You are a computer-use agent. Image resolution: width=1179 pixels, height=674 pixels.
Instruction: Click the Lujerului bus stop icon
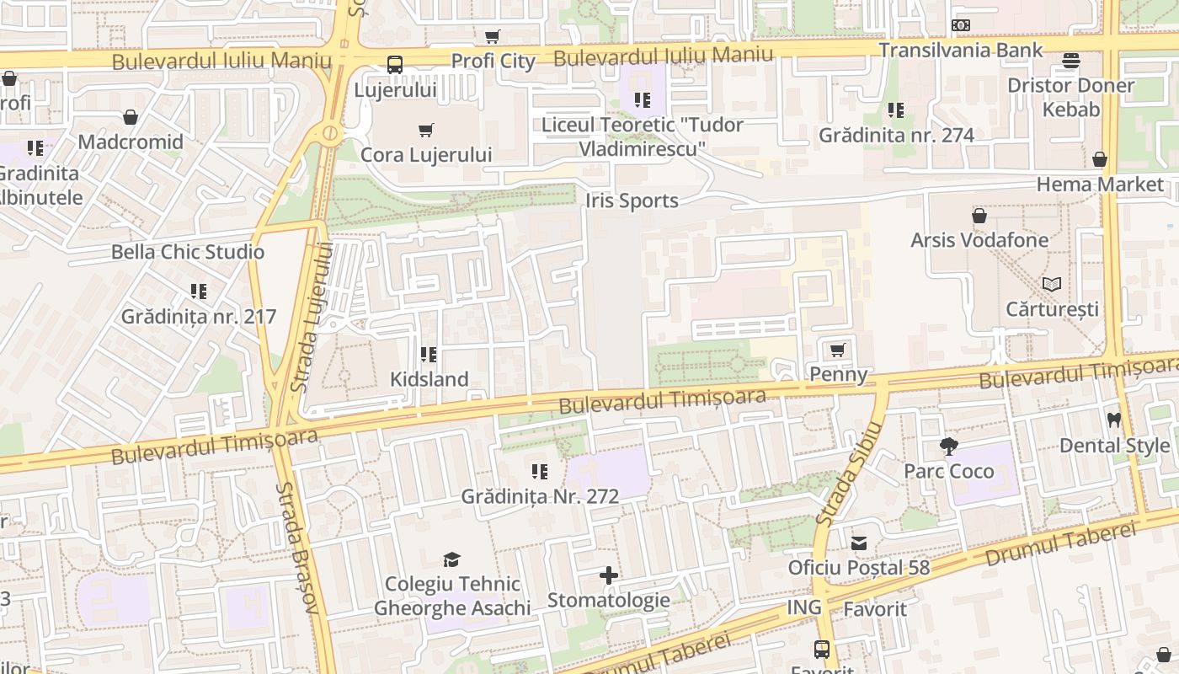coord(394,64)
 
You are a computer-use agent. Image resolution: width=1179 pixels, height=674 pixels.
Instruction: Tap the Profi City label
coord(493,61)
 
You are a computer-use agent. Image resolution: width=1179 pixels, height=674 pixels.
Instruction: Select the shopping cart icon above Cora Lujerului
coord(426,131)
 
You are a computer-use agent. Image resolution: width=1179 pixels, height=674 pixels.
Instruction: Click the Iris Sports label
coord(632,201)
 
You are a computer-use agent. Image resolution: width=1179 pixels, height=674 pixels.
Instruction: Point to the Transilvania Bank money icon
coord(960,25)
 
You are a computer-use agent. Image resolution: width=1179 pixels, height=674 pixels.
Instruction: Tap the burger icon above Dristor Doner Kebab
coord(1071,61)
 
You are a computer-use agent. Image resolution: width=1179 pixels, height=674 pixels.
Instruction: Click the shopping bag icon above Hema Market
coord(1100,159)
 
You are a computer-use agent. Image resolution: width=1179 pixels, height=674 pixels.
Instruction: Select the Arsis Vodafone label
coord(979,240)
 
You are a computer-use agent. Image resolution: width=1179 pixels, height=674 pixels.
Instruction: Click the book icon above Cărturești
coord(1052,284)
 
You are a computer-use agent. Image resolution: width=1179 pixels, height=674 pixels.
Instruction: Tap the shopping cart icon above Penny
coord(837,350)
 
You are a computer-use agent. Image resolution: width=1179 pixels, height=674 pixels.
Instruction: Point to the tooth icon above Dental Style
coord(1114,420)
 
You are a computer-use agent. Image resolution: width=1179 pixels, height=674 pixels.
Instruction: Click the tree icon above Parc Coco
coord(949,446)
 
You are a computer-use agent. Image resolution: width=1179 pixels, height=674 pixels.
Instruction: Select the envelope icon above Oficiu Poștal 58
coord(859,543)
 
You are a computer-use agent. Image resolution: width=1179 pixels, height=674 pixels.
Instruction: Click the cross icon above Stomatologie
coord(608,575)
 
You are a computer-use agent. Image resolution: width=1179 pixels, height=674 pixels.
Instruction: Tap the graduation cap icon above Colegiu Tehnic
coord(452,559)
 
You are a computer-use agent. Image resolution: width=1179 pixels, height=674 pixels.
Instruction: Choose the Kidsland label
coord(429,379)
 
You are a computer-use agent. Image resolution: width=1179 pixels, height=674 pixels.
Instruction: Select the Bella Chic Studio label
coord(188,252)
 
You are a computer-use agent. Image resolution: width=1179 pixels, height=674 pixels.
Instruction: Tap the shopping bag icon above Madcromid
coord(131,117)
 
